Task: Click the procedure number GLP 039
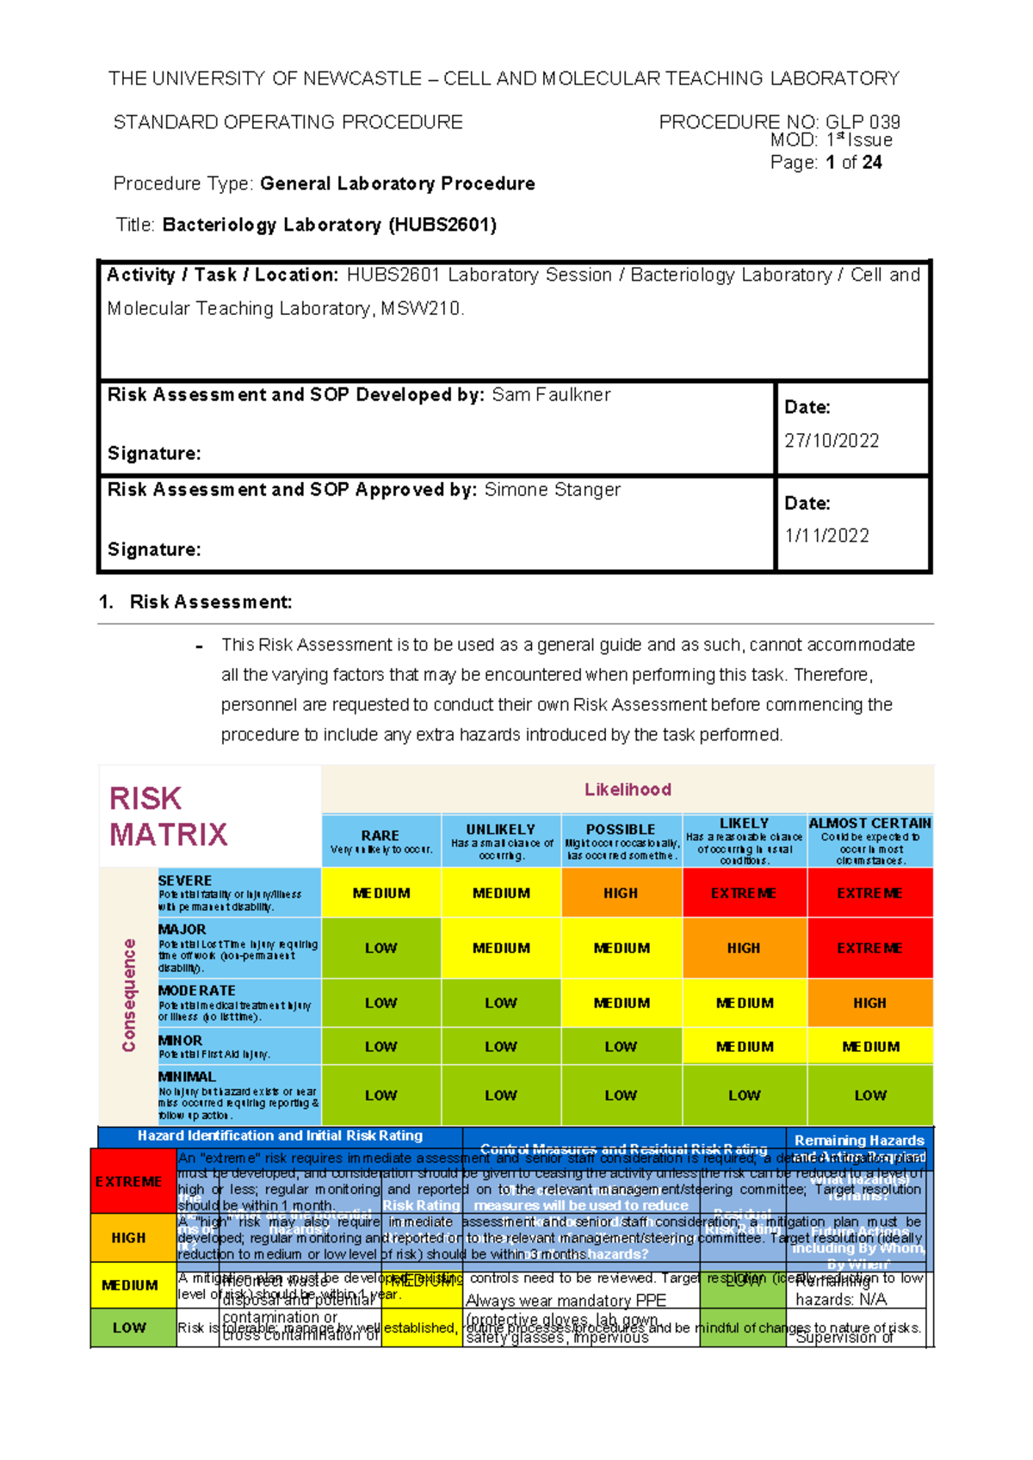click(863, 122)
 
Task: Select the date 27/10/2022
click(832, 441)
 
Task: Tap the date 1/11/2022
click(826, 535)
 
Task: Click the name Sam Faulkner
click(551, 395)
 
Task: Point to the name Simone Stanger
click(552, 490)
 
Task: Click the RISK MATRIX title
click(168, 816)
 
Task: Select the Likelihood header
click(628, 789)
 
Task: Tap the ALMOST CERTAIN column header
click(869, 824)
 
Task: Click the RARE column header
click(380, 836)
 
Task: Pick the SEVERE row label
click(185, 881)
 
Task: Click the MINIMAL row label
click(187, 1077)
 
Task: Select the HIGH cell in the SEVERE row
click(621, 894)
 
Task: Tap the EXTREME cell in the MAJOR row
click(869, 948)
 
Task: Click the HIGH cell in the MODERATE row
click(869, 1003)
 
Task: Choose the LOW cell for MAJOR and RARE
click(380, 948)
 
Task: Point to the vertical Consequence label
click(129, 995)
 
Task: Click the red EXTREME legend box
click(128, 1182)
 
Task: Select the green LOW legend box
click(129, 1327)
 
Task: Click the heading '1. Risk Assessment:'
click(195, 603)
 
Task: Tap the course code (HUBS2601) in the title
click(442, 226)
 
